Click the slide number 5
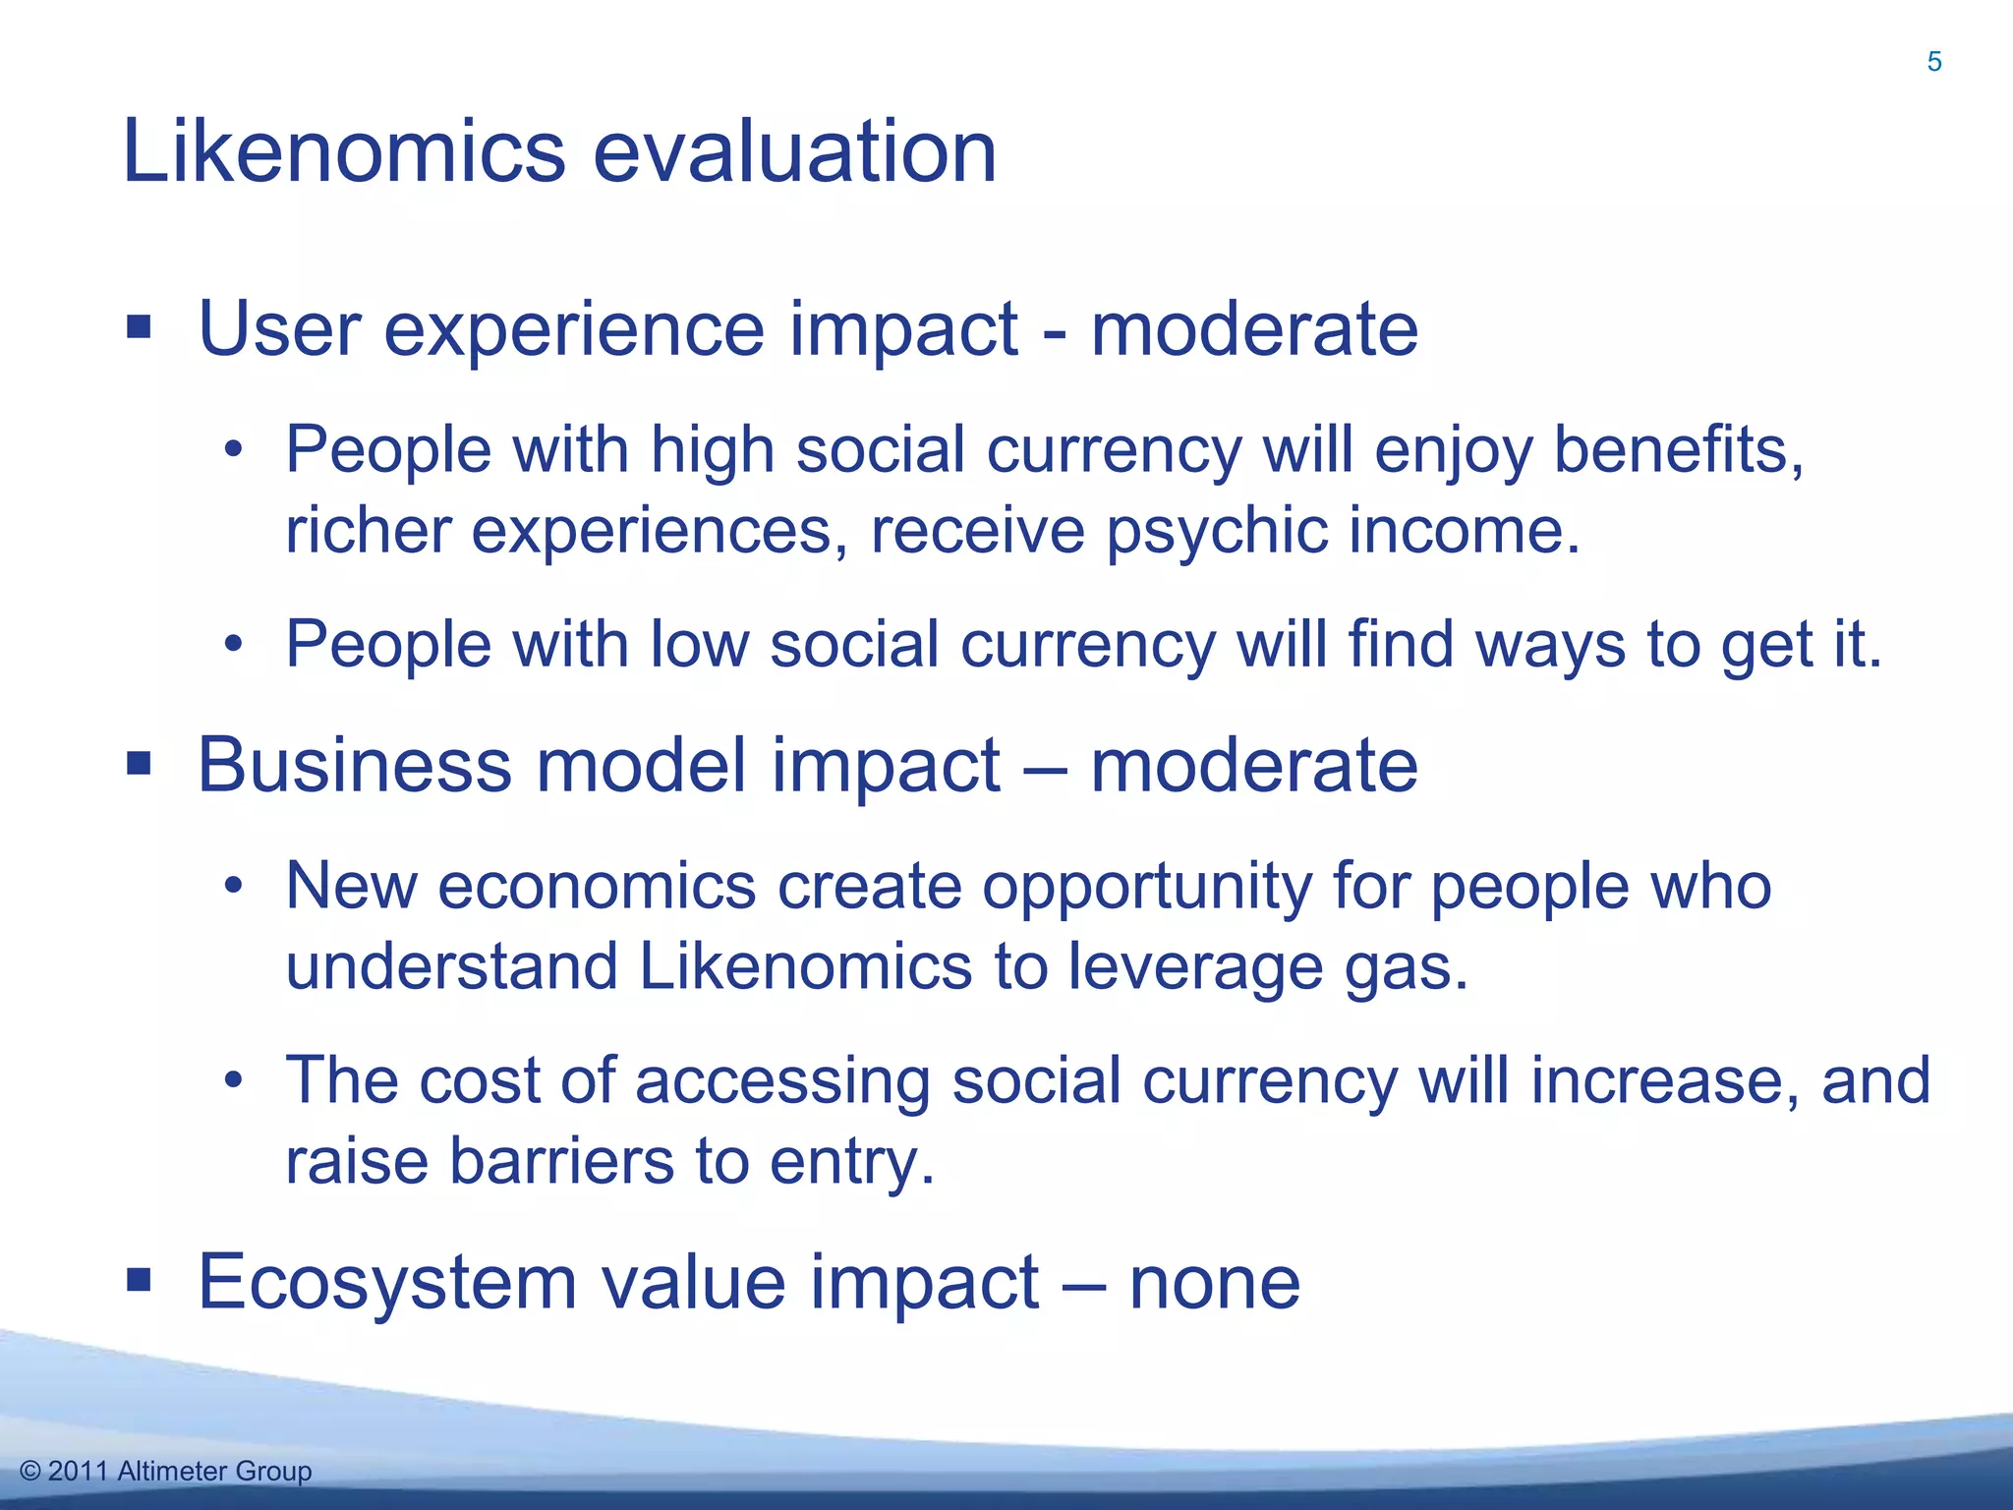tap(1933, 62)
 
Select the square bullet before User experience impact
tap(139, 326)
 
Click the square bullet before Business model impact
tap(139, 763)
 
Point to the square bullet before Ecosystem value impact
tap(139, 1280)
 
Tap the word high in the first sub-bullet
tap(712, 450)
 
